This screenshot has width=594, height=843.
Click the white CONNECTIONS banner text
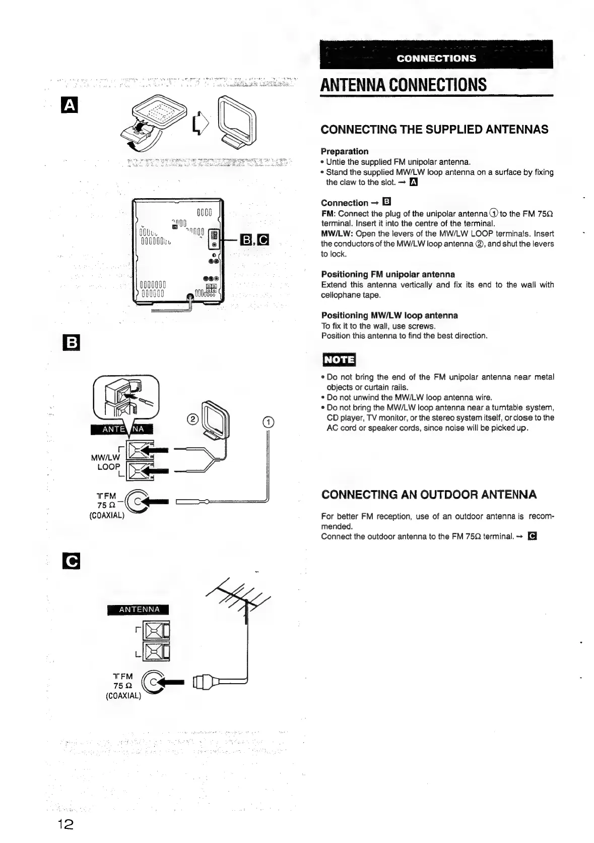436,58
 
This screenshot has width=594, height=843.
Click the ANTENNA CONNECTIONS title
404,84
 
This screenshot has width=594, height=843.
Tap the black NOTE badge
339,359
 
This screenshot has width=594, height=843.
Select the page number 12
65,824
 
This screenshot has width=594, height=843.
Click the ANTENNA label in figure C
139,610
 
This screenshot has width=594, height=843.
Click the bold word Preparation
345,151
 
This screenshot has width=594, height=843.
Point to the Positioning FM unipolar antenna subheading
388,274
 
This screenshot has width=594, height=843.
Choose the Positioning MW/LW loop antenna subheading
389,315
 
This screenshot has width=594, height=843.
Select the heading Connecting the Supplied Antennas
434,130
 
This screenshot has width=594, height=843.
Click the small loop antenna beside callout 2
215,417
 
